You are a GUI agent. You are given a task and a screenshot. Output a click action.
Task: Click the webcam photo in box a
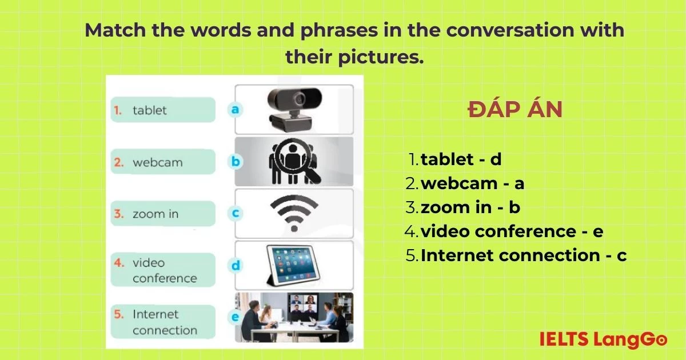(x=294, y=109)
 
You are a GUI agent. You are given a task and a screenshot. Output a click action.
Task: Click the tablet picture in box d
(x=293, y=265)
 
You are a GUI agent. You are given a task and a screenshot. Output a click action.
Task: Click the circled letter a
(x=235, y=109)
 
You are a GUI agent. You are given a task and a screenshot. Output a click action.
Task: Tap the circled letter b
(x=235, y=161)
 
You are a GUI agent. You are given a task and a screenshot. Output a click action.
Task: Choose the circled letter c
(x=235, y=213)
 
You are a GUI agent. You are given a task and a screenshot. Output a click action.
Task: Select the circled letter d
(x=235, y=265)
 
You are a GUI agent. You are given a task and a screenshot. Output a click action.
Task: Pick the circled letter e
(x=235, y=317)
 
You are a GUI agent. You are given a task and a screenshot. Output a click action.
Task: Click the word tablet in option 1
(x=149, y=110)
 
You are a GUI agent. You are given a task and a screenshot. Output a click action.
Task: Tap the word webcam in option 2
(x=157, y=162)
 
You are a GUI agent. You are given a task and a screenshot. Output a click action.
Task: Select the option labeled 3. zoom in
(x=163, y=213)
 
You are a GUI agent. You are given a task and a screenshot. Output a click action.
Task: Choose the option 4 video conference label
(x=163, y=270)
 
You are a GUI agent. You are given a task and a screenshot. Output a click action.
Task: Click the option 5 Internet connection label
(x=163, y=322)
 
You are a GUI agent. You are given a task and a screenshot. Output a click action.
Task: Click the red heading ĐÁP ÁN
(x=515, y=109)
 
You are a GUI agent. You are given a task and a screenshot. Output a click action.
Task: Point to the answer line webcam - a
(x=465, y=183)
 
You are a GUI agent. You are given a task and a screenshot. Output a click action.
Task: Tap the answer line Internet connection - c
(x=516, y=255)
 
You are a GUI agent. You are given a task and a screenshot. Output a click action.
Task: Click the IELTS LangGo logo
(x=603, y=339)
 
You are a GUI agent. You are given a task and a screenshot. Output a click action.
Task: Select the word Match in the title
(x=115, y=30)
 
